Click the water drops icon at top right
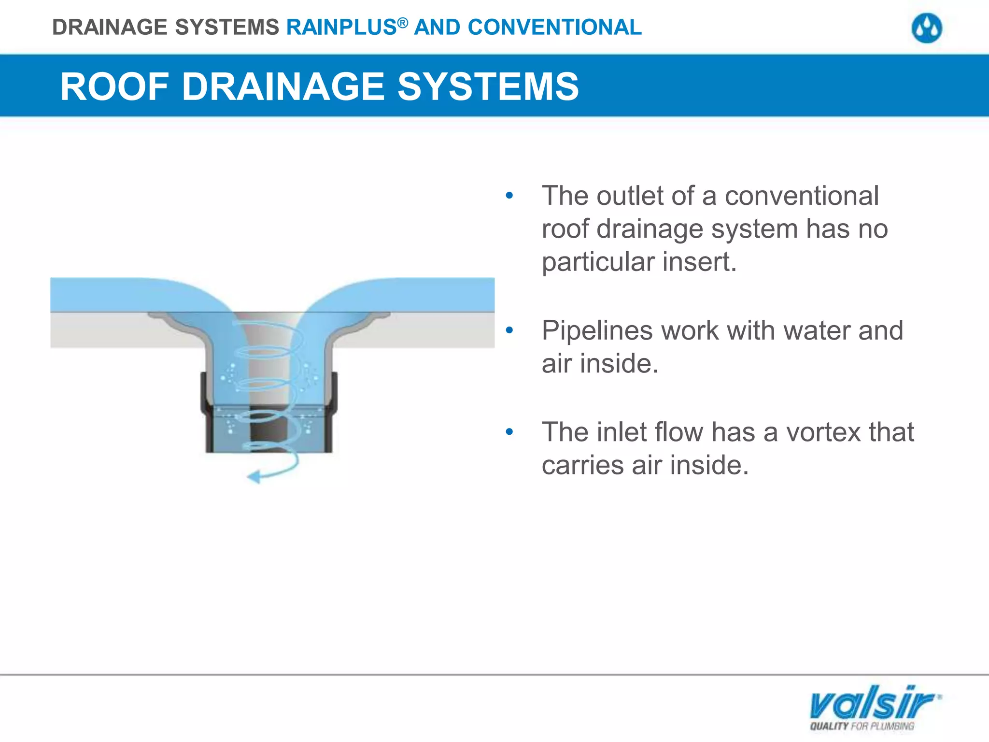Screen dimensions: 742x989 tap(927, 29)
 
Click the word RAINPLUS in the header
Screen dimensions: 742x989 tap(341, 28)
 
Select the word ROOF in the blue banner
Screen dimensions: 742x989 tap(114, 87)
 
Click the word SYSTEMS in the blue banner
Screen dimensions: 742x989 tap(488, 87)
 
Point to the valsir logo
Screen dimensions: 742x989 tap(874, 703)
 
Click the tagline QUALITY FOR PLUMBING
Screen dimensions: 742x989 tap(862, 726)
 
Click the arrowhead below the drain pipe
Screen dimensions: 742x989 tap(254, 477)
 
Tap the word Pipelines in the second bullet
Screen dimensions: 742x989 tap(597, 331)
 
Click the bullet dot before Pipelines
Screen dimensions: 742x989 tap(509, 331)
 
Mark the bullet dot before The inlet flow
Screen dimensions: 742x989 tap(509, 432)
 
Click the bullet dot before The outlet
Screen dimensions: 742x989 tap(509, 196)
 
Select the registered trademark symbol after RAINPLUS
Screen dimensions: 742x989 tap(403, 22)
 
